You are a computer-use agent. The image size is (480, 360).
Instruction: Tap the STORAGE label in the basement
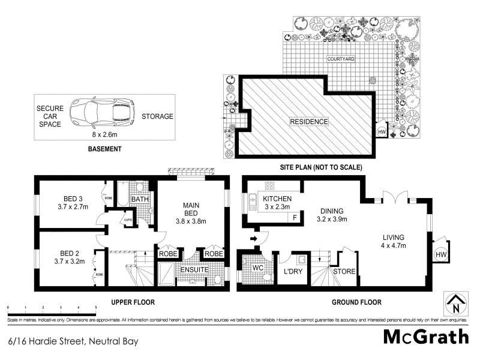click(x=157, y=116)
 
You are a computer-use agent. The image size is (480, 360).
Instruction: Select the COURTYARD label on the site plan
click(x=341, y=59)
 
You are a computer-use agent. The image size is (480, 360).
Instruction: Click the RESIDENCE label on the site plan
click(x=309, y=122)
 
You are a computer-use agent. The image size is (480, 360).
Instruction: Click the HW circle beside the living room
click(x=440, y=255)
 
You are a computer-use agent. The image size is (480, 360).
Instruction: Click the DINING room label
click(x=331, y=211)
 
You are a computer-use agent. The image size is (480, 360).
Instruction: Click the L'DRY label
click(x=293, y=272)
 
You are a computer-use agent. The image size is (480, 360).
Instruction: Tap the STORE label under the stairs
click(x=344, y=272)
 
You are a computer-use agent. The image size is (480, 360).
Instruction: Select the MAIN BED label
click(x=194, y=209)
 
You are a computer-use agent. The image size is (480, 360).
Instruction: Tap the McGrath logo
click(x=426, y=337)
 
